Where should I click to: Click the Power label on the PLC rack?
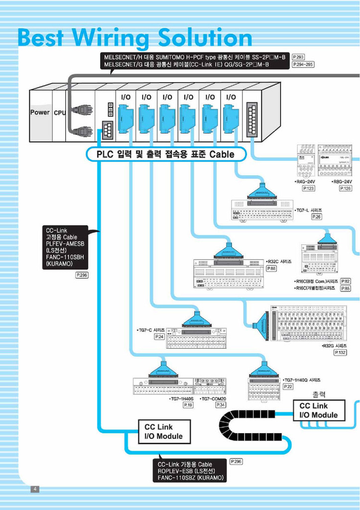[x=40, y=113]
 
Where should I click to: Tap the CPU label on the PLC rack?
[x=60, y=113]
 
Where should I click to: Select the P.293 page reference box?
[x=298, y=57]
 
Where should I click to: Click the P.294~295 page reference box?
[x=303, y=65]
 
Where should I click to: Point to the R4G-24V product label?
[x=306, y=182]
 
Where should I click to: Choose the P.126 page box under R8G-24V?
[x=346, y=188]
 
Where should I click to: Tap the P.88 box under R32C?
[x=271, y=268]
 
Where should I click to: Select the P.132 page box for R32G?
[x=341, y=352]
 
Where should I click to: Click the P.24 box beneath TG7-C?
[x=159, y=337]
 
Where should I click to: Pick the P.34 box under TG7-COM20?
[x=221, y=405]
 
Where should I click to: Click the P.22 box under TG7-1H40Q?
[x=288, y=386]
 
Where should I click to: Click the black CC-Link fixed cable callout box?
[x=65, y=247]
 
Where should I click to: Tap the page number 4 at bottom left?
[x=35, y=489]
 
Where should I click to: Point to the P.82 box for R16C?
[x=346, y=281]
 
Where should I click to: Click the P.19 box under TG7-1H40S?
[x=188, y=405]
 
